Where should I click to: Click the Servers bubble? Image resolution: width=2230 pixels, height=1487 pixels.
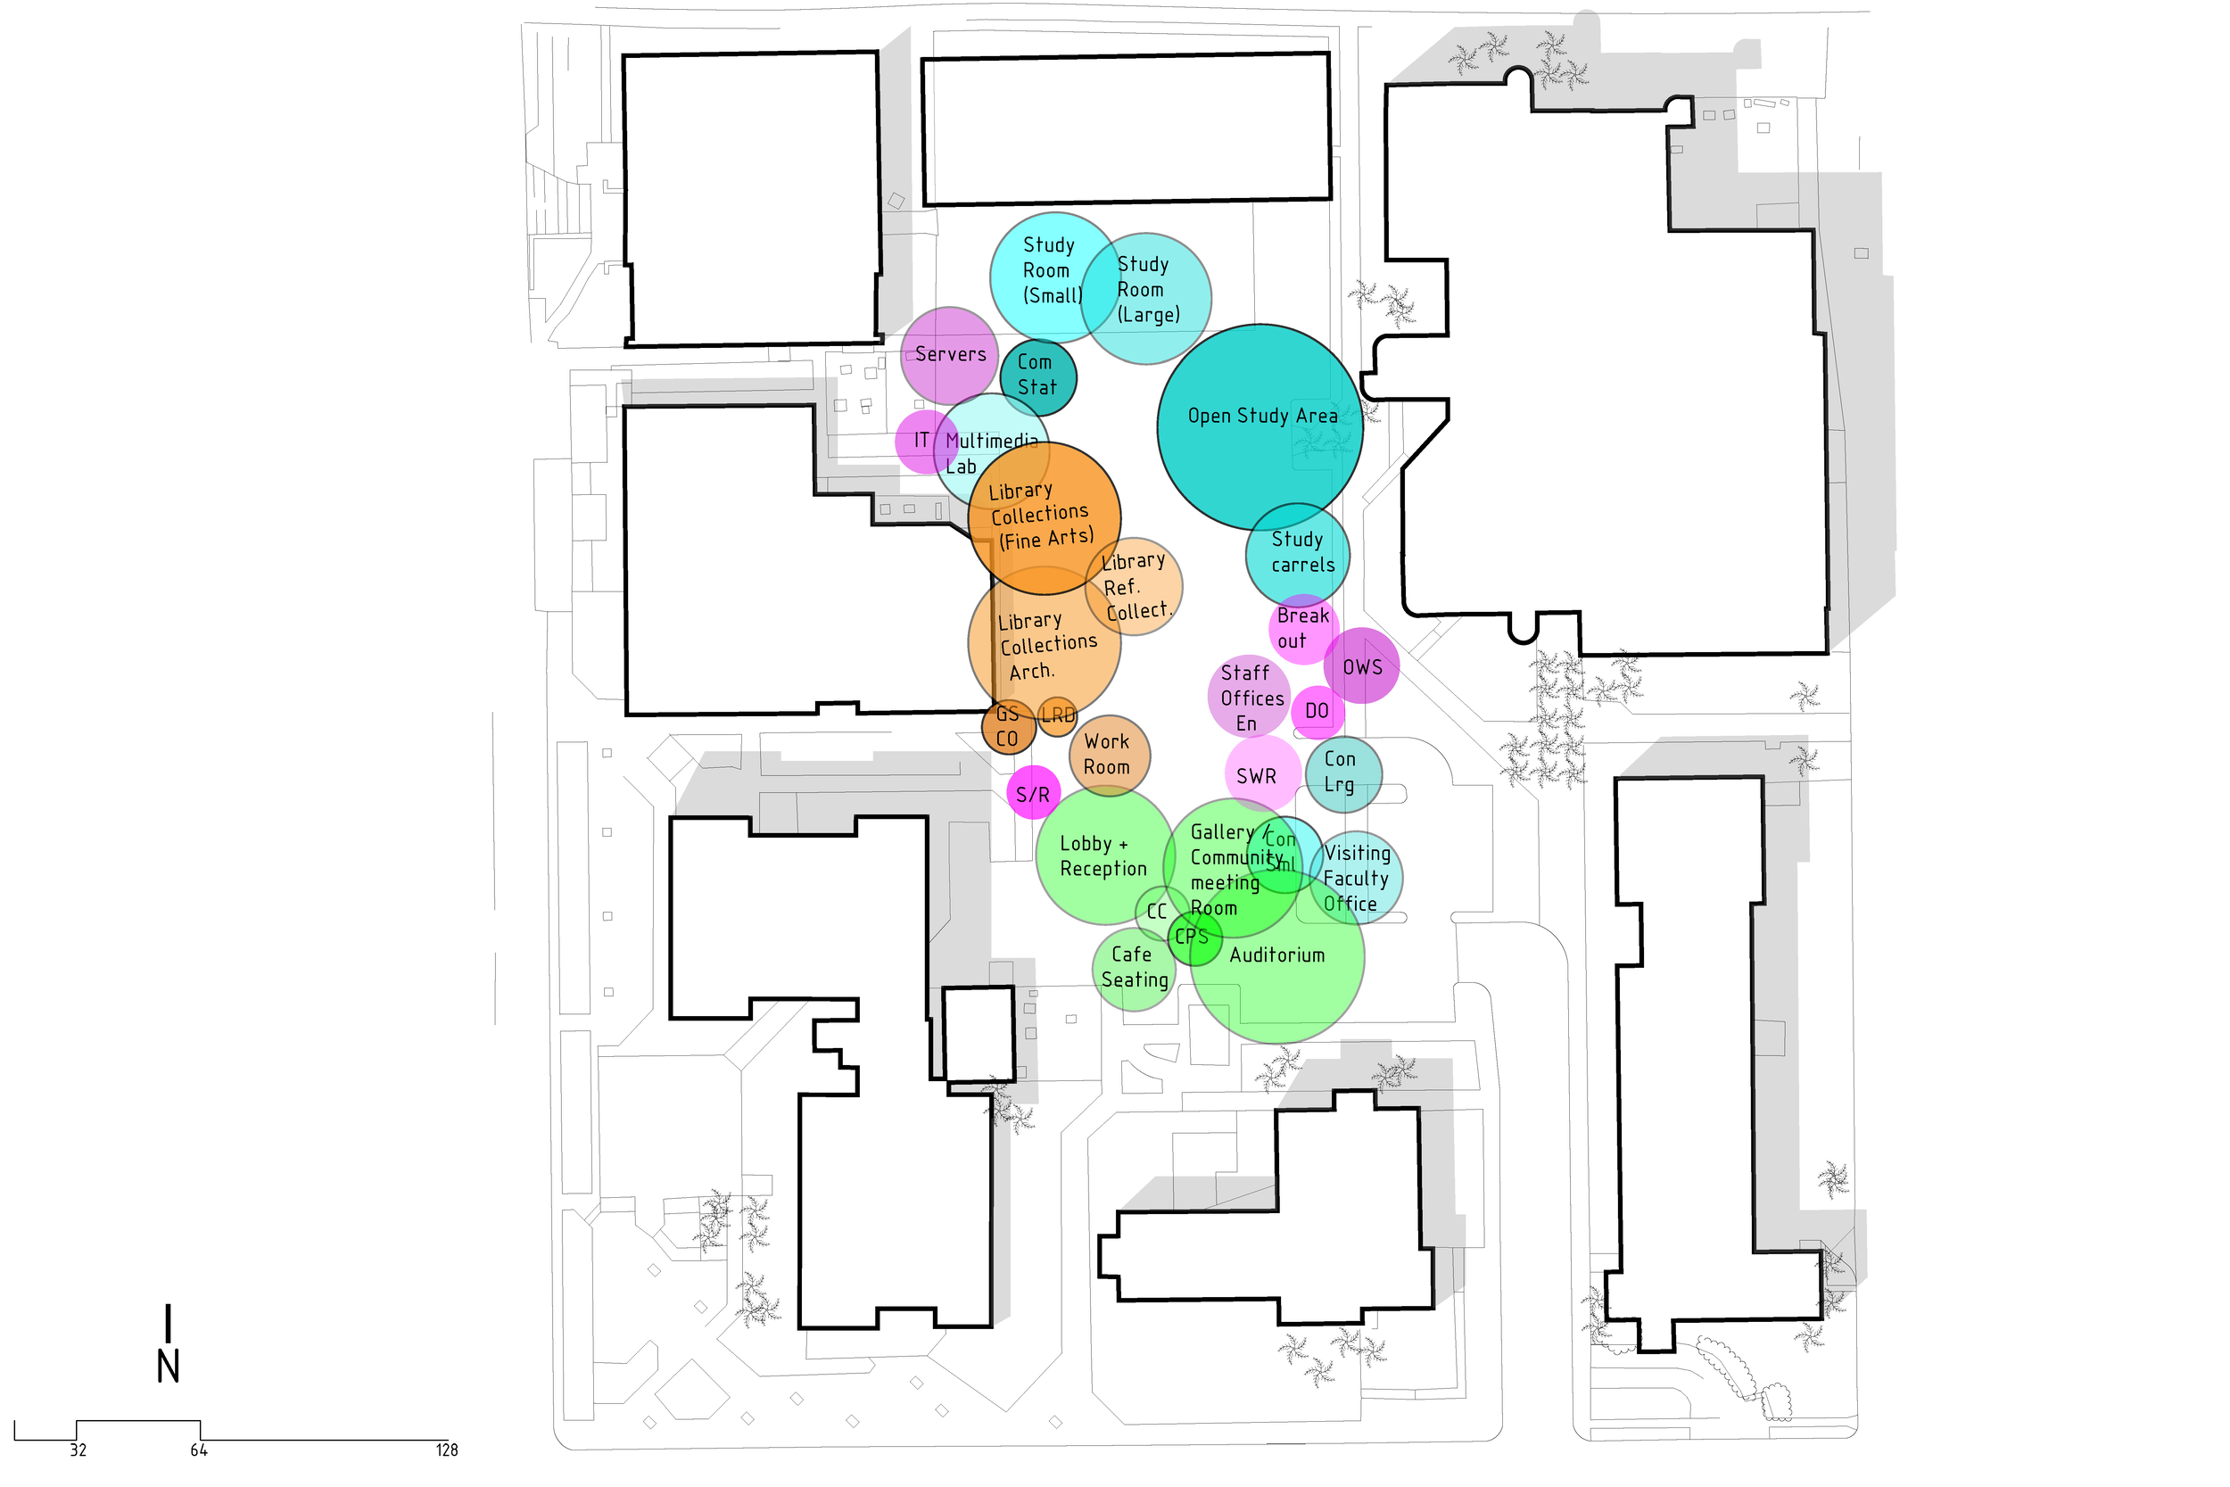click(x=948, y=355)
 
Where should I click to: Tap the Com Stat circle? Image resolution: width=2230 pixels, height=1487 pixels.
click(x=1037, y=376)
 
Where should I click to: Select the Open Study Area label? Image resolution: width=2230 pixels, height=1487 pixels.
click(x=1262, y=417)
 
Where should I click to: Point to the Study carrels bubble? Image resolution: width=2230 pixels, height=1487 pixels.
click(x=1297, y=553)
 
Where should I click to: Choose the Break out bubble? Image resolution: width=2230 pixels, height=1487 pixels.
click(x=1302, y=629)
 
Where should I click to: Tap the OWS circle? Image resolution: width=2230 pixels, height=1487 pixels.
click(x=1361, y=666)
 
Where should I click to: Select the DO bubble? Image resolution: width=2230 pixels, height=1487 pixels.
click(x=1317, y=711)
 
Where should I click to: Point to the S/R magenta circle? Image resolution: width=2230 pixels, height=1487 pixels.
click(x=1033, y=794)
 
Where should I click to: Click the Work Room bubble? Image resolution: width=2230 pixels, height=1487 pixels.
click(x=1109, y=755)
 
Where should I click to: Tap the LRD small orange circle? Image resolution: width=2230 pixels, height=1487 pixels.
click(x=1058, y=715)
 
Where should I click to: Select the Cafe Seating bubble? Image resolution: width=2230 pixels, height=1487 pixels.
click(x=1134, y=968)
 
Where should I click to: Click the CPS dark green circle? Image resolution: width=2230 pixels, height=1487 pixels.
click(x=1193, y=938)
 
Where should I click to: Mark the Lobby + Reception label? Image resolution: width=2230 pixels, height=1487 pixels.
click(x=1103, y=856)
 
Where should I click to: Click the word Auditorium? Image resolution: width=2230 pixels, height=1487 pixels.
click(x=1276, y=955)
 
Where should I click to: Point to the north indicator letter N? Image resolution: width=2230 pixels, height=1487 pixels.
click(x=168, y=1367)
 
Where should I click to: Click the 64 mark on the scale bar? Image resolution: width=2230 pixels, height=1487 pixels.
click(x=199, y=1450)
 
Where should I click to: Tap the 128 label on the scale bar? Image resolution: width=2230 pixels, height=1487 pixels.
click(x=447, y=1450)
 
